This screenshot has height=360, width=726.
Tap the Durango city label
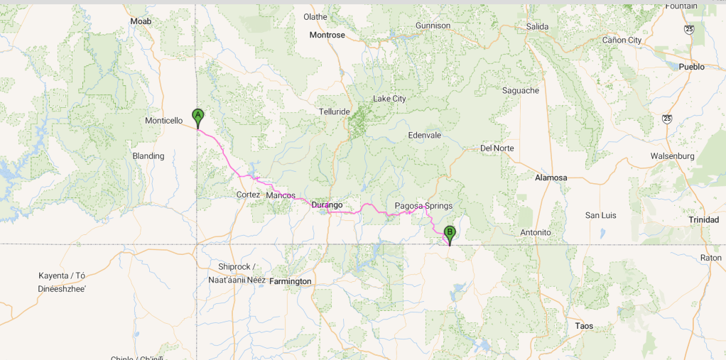click(327, 204)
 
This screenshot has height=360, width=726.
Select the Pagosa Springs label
click(423, 206)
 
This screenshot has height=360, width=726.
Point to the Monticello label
click(164, 121)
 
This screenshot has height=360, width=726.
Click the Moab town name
click(141, 21)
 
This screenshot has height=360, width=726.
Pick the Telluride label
click(335, 111)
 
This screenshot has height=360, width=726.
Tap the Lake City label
click(389, 99)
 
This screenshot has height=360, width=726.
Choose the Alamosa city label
click(551, 178)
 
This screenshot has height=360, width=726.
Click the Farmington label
click(290, 281)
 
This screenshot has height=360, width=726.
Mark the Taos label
click(584, 326)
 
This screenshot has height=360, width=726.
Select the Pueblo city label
click(691, 67)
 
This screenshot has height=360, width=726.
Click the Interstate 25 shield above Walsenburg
click(666, 119)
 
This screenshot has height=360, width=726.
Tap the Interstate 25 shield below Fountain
click(688, 29)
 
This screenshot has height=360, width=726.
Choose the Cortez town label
click(248, 195)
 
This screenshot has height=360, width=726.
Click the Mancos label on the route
click(280, 195)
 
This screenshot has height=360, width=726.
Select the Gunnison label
click(433, 26)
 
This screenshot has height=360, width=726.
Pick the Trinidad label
click(703, 220)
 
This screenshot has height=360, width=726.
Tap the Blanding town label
click(148, 156)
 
